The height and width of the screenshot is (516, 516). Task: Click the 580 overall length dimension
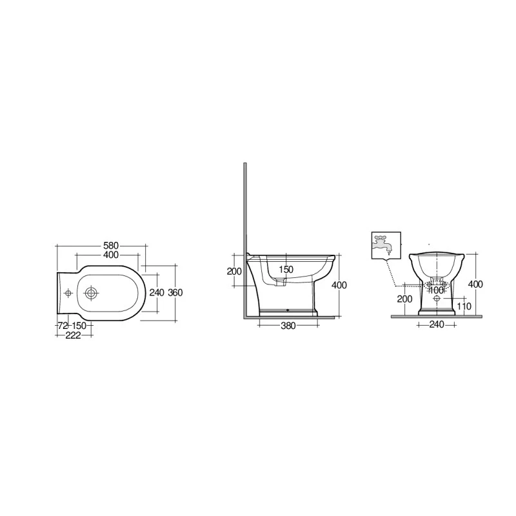point(111,246)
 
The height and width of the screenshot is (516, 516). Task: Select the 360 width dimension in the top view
point(175,292)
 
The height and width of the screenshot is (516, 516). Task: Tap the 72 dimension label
point(63,326)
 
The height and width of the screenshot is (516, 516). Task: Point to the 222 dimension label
point(73,335)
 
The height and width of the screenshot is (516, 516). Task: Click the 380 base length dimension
point(288,326)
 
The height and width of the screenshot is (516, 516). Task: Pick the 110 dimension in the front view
point(464,306)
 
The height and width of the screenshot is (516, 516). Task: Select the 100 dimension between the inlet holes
point(437,290)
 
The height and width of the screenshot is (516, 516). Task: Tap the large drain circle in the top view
point(90,293)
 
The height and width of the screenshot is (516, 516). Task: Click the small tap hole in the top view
point(68,293)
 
